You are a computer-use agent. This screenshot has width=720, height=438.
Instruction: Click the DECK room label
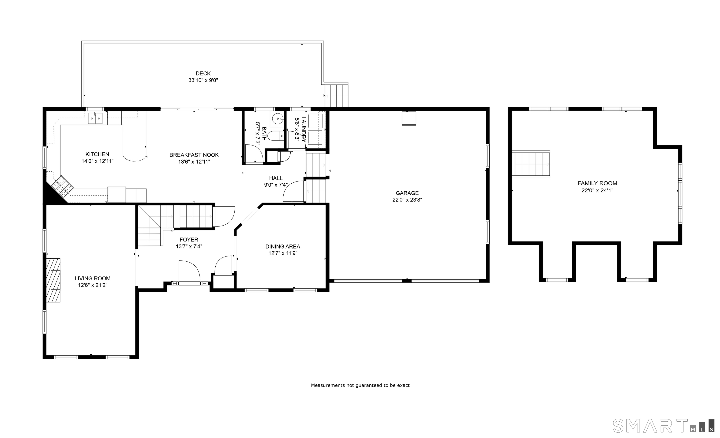[x=203, y=74]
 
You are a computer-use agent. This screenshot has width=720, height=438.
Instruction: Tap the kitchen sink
[x=96, y=118]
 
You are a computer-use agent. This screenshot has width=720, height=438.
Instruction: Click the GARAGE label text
[x=407, y=193]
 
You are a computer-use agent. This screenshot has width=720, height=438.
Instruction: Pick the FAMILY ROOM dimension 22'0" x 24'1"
[x=597, y=190]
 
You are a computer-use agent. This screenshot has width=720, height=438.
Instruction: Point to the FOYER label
[x=189, y=240]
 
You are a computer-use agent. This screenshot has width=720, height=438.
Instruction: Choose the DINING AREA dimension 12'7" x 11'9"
[x=283, y=253]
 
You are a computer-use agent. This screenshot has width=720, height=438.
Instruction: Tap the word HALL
[x=276, y=178]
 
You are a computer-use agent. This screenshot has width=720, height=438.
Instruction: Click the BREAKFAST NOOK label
[x=194, y=155]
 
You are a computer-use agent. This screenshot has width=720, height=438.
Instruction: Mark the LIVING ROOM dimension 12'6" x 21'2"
[x=93, y=285]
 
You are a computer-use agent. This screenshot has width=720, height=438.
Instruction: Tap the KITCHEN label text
[x=97, y=154]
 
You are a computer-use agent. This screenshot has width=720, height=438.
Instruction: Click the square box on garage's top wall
[x=409, y=118]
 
